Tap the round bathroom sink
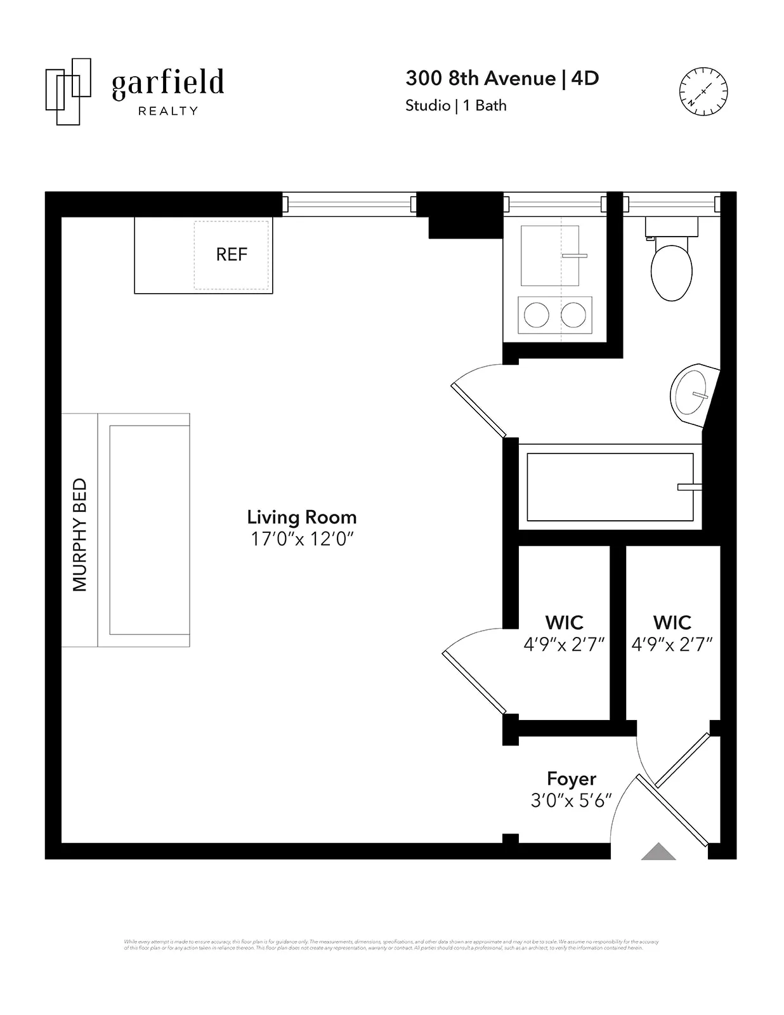pyautogui.click(x=690, y=394)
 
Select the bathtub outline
pyautogui.click(x=610, y=487)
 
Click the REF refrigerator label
pyautogui.click(x=232, y=254)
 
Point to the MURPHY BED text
pyautogui.click(x=80, y=535)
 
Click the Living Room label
pyautogui.click(x=302, y=517)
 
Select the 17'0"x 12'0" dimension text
pyautogui.click(x=302, y=539)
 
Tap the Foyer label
pyautogui.click(x=572, y=779)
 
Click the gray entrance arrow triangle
pyautogui.click(x=658, y=852)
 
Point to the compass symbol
pyautogui.click(x=703, y=91)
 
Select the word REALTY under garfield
pyautogui.click(x=168, y=111)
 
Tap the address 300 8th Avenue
pyautogui.click(x=480, y=78)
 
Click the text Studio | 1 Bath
pyautogui.click(x=456, y=105)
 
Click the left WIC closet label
pyautogui.click(x=564, y=622)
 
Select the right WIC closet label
pyautogui.click(x=672, y=622)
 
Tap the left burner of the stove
pyautogui.click(x=537, y=315)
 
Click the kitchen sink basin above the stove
pyautogui.click(x=549, y=256)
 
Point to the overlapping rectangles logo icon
pyautogui.click(x=68, y=91)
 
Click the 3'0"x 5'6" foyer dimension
pyautogui.click(x=571, y=801)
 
